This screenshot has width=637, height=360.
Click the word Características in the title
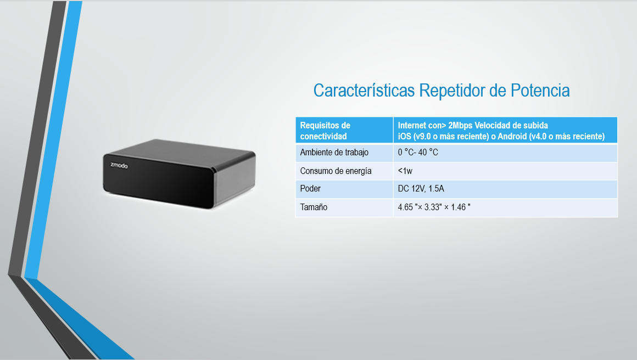point(364,90)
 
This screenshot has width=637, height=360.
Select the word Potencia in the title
point(540,90)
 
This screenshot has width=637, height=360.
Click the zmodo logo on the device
point(119,165)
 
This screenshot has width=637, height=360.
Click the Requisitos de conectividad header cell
point(325,131)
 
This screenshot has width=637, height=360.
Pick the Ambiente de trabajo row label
point(334,153)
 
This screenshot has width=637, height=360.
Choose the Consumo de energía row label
point(336,171)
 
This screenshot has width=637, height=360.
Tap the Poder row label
point(310,188)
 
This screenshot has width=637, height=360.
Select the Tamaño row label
point(314,207)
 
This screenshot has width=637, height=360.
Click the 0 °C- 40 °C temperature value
point(418,152)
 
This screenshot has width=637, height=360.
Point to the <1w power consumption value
point(405,171)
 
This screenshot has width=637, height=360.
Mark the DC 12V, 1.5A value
point(421,189)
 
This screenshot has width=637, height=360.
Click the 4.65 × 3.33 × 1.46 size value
point(434,207)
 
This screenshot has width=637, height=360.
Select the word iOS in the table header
point(405,136)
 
